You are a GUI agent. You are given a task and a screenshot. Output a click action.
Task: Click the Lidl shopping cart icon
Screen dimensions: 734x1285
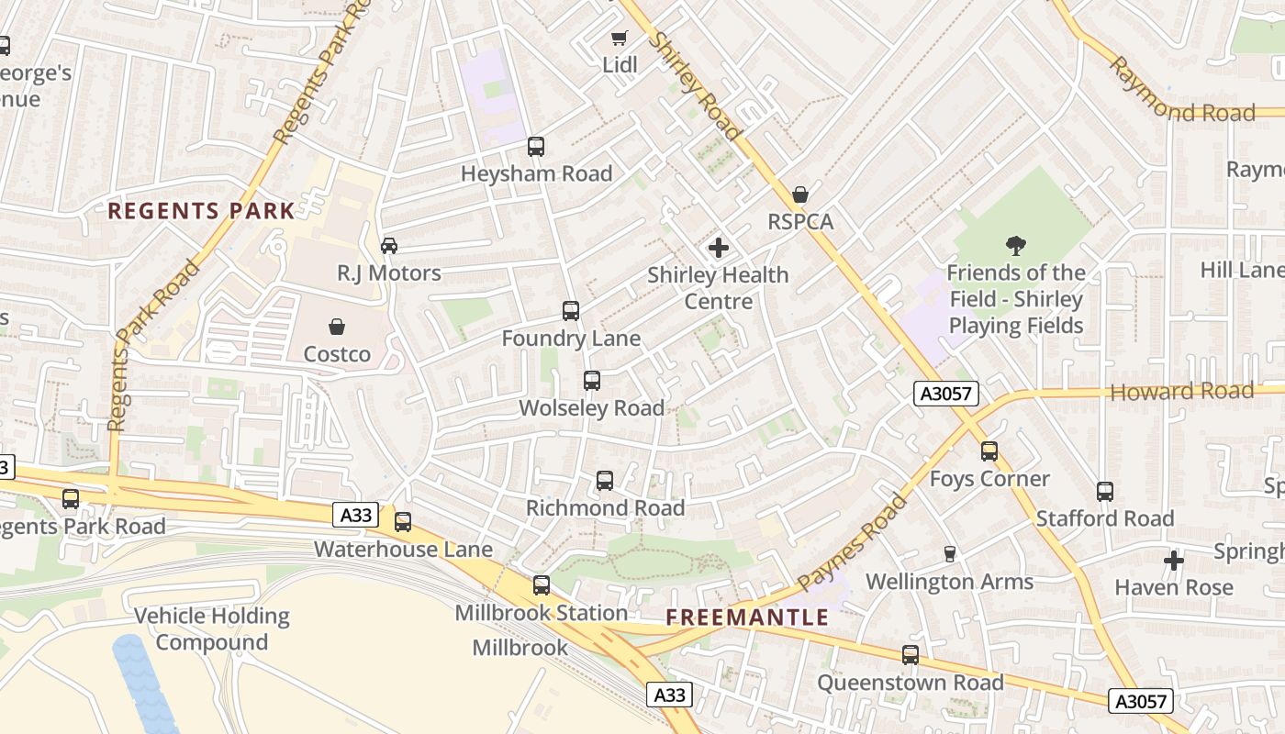(x=620, y=38)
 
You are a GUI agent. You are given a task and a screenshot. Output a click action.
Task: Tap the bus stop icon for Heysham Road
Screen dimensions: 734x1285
(x=536, y=147)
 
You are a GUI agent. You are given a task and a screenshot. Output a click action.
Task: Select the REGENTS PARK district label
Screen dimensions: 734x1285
(x=201, y=211)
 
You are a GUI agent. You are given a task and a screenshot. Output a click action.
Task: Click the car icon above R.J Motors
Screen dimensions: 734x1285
(x=389, y=246)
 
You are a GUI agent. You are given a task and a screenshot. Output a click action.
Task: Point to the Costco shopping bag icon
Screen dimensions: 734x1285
(x=337, y=327)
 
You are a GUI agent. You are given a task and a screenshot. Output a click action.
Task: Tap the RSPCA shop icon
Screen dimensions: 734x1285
(x=800, y=195)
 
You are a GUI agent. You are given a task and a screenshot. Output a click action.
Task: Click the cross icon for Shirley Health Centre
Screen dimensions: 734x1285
(x=719, y=248)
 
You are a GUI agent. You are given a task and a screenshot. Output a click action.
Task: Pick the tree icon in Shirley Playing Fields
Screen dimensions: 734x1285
(x=1015, y=246)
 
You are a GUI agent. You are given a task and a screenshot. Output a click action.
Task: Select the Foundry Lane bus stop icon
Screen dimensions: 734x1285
(x=571, y=311)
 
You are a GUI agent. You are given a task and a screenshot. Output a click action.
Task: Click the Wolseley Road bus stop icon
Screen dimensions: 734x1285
(x=592, y=381)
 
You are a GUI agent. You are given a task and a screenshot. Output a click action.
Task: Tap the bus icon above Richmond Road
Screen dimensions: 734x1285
(x=605, y=481)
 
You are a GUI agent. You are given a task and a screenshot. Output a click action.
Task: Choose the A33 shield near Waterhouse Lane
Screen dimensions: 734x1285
(x=355, y=516)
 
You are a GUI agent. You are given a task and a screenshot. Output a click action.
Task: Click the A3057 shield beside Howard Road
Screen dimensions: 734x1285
(x=946, y=395)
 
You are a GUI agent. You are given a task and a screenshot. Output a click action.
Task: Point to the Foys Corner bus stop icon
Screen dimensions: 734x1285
(x=989, y=451)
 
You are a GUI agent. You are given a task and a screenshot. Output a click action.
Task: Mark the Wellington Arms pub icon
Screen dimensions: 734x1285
(x=950, y=554)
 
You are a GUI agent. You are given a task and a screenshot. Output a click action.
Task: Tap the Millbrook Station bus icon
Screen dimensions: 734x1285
(x=542, y=585)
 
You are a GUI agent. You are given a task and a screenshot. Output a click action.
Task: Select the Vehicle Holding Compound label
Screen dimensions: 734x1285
(x=212, y=628)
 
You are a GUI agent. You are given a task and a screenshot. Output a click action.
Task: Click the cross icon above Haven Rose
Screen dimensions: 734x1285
(x=1174, y=560)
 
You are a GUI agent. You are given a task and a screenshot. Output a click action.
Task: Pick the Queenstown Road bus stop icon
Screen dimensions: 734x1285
(x=911, y=655)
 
